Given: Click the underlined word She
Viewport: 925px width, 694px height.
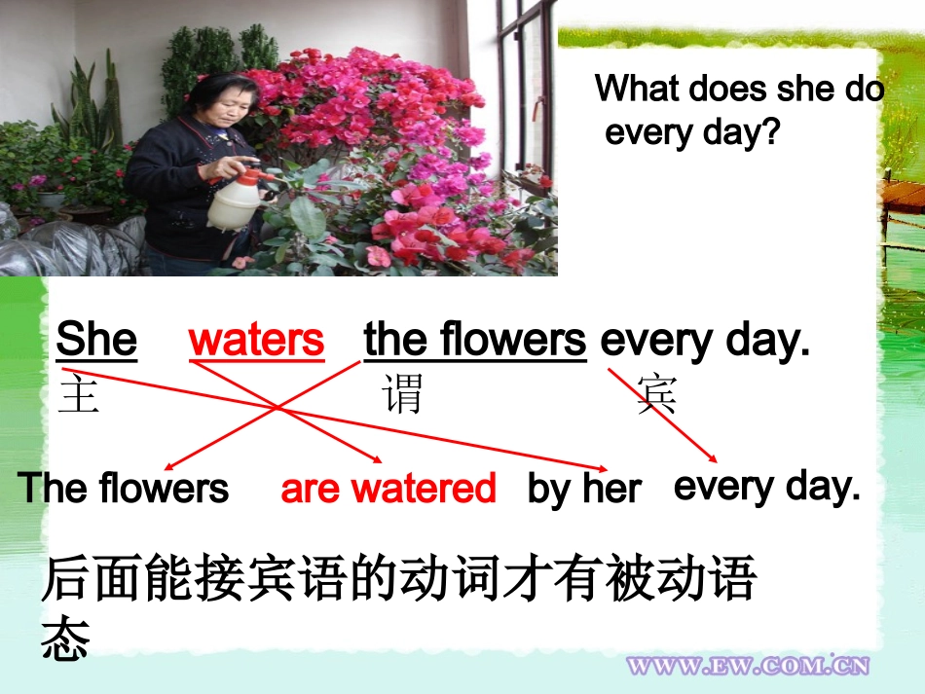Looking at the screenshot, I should tap(96, 340).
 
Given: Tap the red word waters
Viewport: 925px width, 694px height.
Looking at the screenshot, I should tap(256, 340).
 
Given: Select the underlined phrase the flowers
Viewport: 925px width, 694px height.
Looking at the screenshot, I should tap(475, 340).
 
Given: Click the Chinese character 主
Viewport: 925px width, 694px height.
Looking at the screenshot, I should tap(79, 396).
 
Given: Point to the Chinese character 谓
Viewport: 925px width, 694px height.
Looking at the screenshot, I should tap(403, 396).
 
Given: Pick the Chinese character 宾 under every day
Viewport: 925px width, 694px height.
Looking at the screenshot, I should tap(657, 396).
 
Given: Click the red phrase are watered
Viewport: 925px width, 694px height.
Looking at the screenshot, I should tap(388, 488).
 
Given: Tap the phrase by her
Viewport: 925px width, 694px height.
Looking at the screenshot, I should tap(584, 489).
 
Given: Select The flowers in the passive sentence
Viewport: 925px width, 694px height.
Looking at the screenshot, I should tap(124, 488).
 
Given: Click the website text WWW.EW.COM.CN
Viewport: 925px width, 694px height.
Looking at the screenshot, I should tap(748, 666).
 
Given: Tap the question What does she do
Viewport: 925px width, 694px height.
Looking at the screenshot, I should tap(739, 89).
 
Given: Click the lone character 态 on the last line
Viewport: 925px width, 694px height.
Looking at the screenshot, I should tap(66, 639).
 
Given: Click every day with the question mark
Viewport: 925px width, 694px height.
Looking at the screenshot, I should tap(692, 132).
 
